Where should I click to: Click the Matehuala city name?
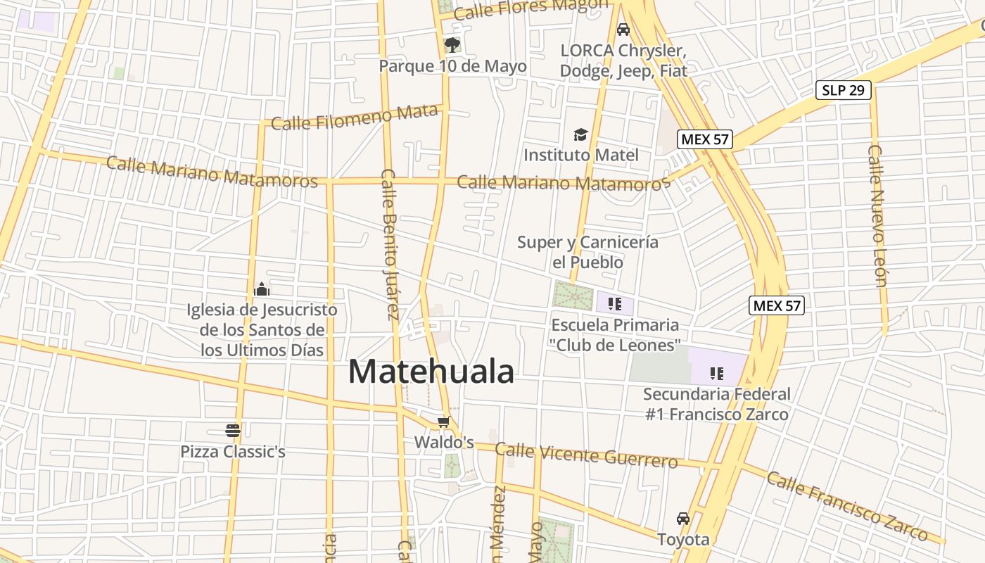coord(431,372)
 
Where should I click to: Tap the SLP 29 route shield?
coord(844,90)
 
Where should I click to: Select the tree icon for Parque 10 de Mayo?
coord(452,45)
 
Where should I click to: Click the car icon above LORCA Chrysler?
coord(623,30)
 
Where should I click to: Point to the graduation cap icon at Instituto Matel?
coord(580,134)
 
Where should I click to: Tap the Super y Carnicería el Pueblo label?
coord(587,252)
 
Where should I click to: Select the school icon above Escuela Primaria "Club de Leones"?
coord(615,304)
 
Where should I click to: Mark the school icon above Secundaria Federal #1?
coord(717,373)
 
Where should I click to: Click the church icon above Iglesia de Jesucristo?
coord(262,289)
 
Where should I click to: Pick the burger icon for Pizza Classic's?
coord(233,430)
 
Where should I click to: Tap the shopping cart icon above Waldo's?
coord(443,422)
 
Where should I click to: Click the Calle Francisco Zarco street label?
coord(847,506)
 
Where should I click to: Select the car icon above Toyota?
coord(683,519)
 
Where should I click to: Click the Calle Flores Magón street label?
coord(530,8)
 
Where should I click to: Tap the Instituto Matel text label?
coord(581,155)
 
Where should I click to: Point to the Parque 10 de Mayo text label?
coord(452,66)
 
